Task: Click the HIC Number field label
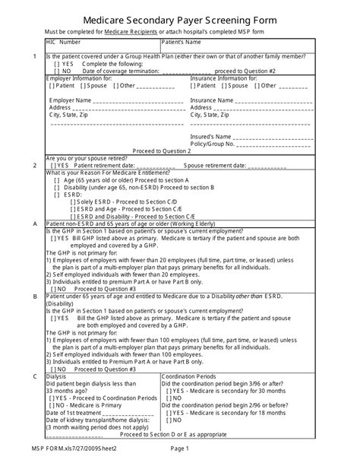[68, 43]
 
